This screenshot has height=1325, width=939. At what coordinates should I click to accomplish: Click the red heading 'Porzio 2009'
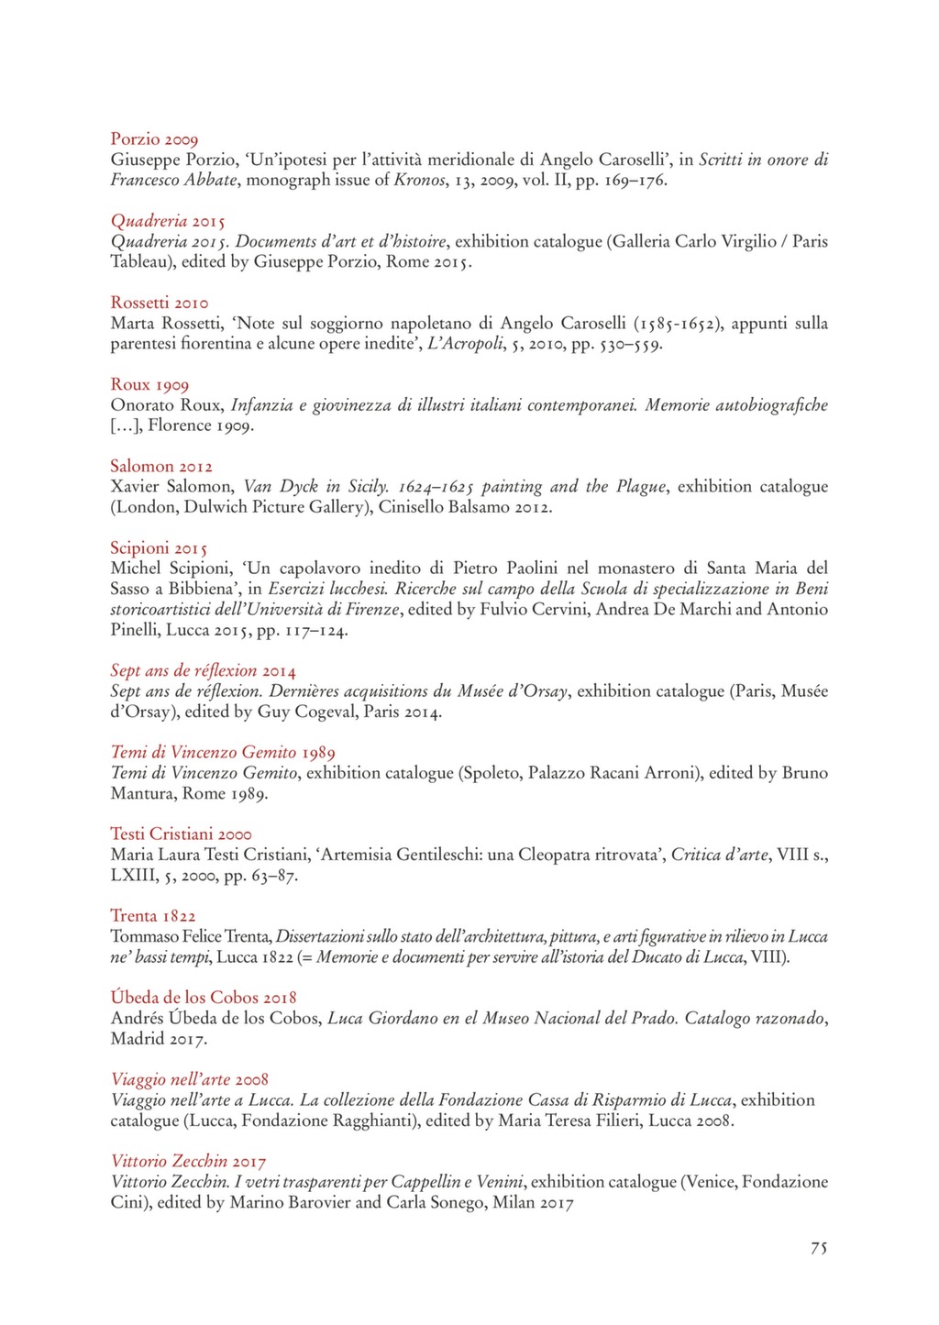click(x=154, y=139)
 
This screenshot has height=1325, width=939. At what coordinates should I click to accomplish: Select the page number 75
click(x=819, y=1248)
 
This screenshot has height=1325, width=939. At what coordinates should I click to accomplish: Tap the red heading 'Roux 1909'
click(x=149, y=384)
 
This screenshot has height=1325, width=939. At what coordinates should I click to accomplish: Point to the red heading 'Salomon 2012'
click(x=161, y=466)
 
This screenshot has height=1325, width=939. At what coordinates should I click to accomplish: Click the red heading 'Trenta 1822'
click(x=153, y=915)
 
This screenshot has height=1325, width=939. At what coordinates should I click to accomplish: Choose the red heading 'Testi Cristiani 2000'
click(x=181, y=834)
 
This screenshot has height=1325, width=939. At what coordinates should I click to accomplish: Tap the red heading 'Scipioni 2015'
click(x=159, y=548)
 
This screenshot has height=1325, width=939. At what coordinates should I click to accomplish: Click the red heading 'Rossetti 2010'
click(x=160, y=303)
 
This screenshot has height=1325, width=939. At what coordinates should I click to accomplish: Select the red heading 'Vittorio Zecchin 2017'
click(x=188, y=1161)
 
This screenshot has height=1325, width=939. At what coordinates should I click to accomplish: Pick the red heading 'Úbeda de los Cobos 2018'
click(x=204, y=997)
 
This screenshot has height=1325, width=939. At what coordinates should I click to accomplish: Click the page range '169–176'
click(x=635, y=180)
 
